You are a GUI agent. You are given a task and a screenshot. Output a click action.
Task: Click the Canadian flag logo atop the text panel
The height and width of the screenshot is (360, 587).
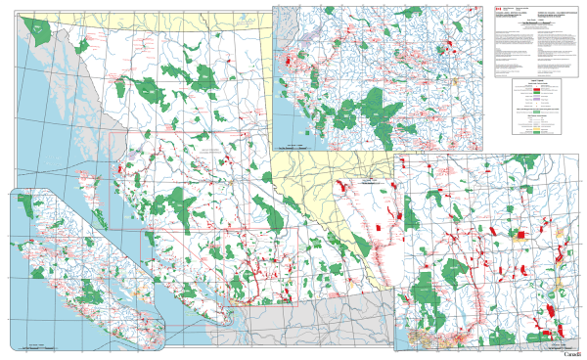coord(497,7)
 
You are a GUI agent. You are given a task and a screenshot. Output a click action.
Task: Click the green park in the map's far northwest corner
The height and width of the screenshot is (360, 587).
coord(40,31)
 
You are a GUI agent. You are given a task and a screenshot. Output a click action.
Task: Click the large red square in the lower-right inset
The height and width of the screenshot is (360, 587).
coord(520,235)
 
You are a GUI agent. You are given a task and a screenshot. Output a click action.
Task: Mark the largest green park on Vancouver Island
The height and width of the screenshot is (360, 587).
coord(91,292)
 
